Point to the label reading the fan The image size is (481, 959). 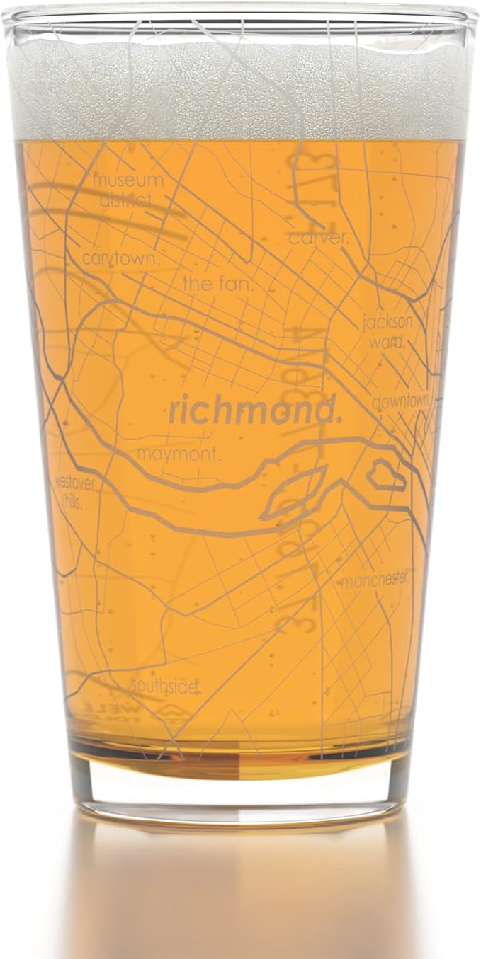click(x=219, y=284)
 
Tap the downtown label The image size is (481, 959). click(x=401, y=402)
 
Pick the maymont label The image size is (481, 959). click(x=179, y=454)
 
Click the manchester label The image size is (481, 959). click(x=375, y=580)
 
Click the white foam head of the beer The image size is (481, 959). click(x=241, y=92)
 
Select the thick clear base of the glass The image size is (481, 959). click(x=241, y=793)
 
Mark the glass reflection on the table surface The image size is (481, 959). click(x=241, y=892)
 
